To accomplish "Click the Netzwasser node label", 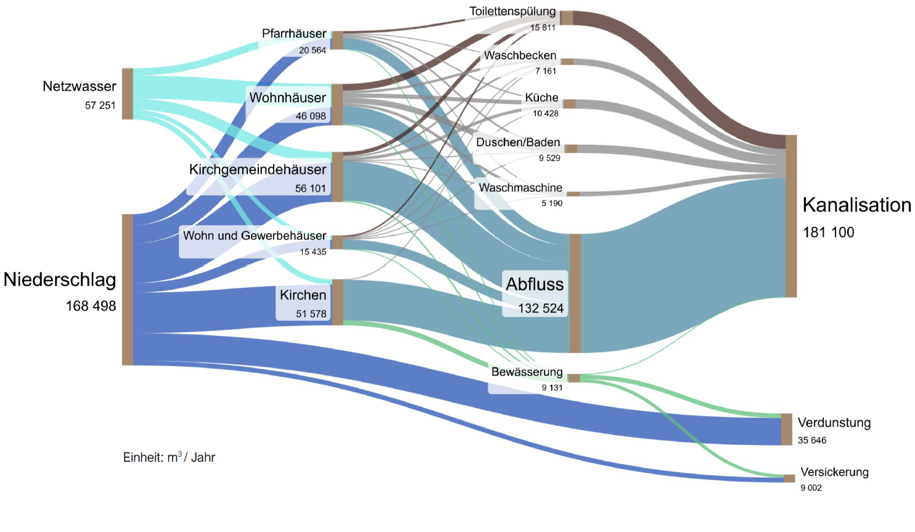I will [x=79, y=86].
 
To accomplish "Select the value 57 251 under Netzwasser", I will [x=100, y=105].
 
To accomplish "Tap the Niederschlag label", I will [x=59, y=280].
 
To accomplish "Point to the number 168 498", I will [x=91, y=306].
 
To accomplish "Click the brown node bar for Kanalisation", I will [x=791, y=216].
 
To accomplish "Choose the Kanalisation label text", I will [x=856, y=205].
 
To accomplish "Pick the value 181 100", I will [x=828, y=232].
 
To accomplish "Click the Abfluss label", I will [x=535, y=284].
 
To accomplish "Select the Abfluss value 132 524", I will [x=541, y=308].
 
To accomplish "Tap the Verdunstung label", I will [x=834, y=423].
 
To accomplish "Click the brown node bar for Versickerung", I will [x=789, y=478].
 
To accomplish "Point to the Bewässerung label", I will [x=527, y=372].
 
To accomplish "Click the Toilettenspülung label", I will [x=512, y=12].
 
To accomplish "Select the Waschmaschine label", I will [x=520, y=188].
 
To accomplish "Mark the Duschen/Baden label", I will [x=518, y=142].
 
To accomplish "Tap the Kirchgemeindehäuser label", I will [x=258, y=170].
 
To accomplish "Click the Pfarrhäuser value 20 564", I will [x=312, y=51].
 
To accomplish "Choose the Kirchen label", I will [x=303, y=295].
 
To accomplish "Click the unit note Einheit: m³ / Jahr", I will [x=169, y=457].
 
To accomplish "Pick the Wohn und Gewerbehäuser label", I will [x=254, y=235].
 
